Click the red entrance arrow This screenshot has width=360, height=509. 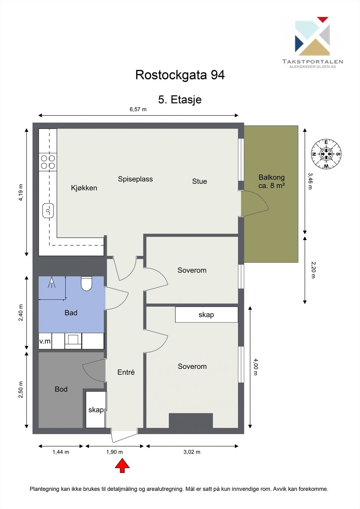click(122, 465)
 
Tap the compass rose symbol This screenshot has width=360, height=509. click(326, 154)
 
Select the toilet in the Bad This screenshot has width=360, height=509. click(86, 283)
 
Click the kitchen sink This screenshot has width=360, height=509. click(48, 211)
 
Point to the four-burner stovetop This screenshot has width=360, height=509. click(48, 162)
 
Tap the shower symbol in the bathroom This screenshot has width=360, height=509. click(52, 282)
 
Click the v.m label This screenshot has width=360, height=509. click(45, 341)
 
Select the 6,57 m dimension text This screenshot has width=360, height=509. click(138, 109)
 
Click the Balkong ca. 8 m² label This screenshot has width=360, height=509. click(272, 181)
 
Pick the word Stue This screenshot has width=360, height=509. click(200, 181)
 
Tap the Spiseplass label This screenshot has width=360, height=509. click(135, 179)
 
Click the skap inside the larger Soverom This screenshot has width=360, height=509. click(206, 315)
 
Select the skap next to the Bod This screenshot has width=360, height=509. click(96, 410)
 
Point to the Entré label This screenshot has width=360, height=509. click(126, 372)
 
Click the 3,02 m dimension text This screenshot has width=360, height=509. click(192, 452)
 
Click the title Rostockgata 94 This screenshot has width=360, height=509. click(180, 75)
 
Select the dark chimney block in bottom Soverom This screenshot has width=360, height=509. click(191, 421)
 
